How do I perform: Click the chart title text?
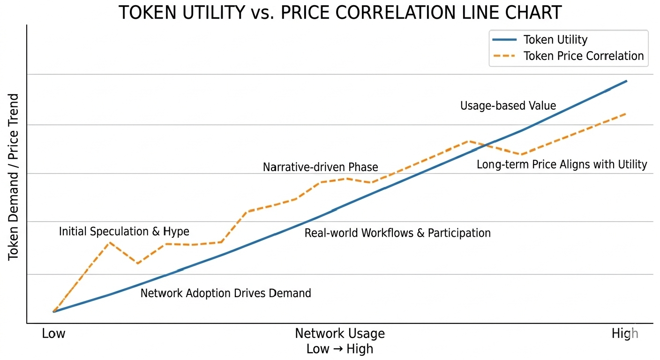click(x=340, y=12)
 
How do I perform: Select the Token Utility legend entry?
click(x=540, y=39)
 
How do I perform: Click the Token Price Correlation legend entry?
click(x=568, y=56)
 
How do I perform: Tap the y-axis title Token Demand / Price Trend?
click(x=13, y=177)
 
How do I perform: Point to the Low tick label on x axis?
click(x=53, y=333)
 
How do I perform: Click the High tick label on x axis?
click(x=625, y=334)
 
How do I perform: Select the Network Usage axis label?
click(x=340, y=333)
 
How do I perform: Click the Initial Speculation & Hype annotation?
click(x=124, y=232)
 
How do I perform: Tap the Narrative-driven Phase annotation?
click(x=320, y=167)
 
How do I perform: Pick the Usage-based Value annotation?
click(x=508, y=105)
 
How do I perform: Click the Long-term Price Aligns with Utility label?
click(x=562, y=165)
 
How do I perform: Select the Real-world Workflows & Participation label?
click(x=397, y=233)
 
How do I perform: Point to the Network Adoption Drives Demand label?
click(x=225, y=293)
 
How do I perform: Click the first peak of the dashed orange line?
click(x=110, y=242)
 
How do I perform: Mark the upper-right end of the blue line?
click(x=626, y=81)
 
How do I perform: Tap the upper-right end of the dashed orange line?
click(x=626, y=113)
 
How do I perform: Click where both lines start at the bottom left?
click(x=53, y=311)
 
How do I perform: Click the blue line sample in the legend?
click(x=504, y=39)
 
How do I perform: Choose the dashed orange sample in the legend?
click(x=504, y=56)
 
